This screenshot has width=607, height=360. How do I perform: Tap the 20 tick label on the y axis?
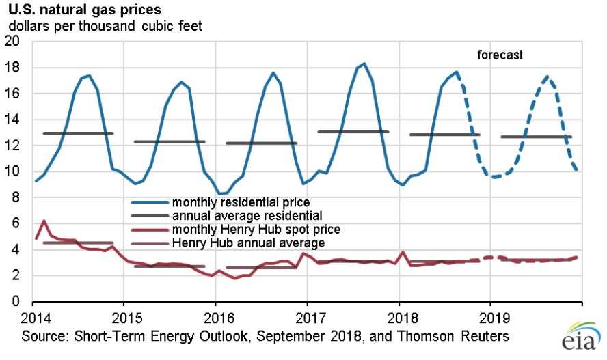click(15, 42)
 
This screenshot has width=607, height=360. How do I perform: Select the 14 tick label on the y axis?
click(15, 120)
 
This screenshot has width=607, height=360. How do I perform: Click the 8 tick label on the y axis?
click(18, 197)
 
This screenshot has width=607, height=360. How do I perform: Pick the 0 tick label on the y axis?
click(18, 301)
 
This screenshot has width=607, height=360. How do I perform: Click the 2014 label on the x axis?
click(33, 318)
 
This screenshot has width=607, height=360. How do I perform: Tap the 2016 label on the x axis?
click(215, 318)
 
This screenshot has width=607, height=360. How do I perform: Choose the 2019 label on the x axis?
click(490, 318)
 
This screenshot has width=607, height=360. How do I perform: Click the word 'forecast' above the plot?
click(499, 55)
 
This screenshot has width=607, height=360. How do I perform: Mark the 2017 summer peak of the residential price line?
click(364, 64)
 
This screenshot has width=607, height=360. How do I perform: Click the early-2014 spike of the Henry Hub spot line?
click(44, 221)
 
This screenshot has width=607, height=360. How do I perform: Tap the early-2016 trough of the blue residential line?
click(220, 193)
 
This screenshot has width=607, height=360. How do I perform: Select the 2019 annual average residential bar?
click(536, 137)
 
